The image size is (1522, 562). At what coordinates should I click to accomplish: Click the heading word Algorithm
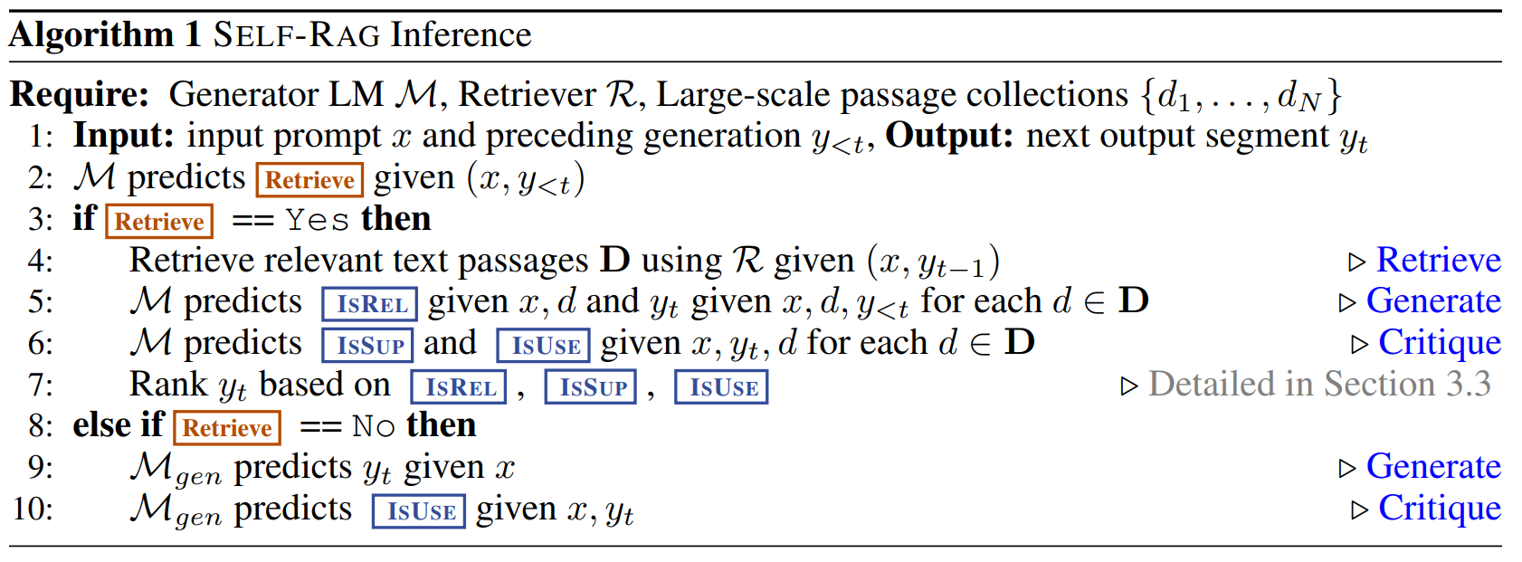tap(91, 35)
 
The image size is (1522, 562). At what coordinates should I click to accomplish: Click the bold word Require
tap(80, 94)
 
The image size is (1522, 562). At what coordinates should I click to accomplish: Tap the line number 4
tap(41, 261)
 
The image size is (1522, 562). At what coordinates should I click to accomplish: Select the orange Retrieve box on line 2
tap(309, 179)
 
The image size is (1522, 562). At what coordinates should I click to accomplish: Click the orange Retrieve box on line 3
tap(159, 221)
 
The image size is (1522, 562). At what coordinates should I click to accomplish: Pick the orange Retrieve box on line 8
tap(227, 427)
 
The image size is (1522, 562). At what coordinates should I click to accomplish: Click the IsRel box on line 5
tap(370, 304)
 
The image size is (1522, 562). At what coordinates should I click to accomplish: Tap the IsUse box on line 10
tap(420, 510)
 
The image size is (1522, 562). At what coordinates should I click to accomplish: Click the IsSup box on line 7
tap(593, 386)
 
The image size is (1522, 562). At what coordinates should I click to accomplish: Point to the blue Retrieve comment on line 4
tap(1438, 260)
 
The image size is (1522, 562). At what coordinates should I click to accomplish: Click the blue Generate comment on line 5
tap(1433, 300)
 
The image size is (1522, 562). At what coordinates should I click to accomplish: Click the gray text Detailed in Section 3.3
tap(1319, 384)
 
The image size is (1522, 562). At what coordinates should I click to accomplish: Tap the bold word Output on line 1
tap(949, 136)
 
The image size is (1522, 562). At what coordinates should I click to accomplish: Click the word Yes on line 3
tap(317, 220)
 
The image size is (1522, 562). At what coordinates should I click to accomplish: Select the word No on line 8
tap(373, 425)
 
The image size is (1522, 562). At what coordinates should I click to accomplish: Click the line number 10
tap(33, 509)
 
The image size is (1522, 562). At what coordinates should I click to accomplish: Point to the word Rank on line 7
tap(168, 385)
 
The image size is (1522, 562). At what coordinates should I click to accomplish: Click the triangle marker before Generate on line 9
tap(1347, 468)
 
